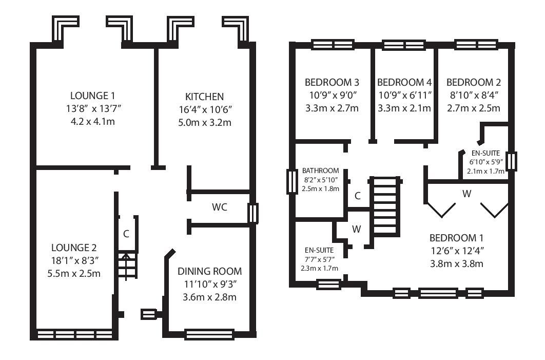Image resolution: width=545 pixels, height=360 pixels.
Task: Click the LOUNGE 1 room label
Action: (92, 96)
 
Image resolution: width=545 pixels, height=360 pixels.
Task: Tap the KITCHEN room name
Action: (204, 97)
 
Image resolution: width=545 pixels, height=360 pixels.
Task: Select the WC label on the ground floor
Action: (219, 207)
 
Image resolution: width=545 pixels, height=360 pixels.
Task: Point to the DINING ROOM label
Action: (209, 271)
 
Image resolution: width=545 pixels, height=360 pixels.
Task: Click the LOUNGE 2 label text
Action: (74, 248)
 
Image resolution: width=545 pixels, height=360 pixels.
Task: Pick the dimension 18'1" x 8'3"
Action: (74, 260)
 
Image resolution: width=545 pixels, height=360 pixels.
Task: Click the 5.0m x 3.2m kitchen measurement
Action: (205, 122)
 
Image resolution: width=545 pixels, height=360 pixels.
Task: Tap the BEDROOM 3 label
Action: (332, 83)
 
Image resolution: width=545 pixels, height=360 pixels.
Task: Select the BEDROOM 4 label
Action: (404, 83)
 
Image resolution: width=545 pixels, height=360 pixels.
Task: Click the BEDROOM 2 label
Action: (473, 83)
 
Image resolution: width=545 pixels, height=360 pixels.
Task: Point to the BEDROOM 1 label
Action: (456, 238)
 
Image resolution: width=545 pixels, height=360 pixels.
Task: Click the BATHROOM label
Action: (320, 171)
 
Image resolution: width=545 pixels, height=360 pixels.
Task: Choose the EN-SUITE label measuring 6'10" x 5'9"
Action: (485, 153)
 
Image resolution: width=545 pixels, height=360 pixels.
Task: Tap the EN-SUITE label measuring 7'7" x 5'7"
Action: (319, 250)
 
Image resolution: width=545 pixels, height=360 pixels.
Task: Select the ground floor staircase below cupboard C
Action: (127, 266)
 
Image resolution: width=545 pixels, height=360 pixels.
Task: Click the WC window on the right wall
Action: (253, 213)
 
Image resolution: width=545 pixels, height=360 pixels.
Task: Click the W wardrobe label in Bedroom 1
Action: (466, 194)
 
